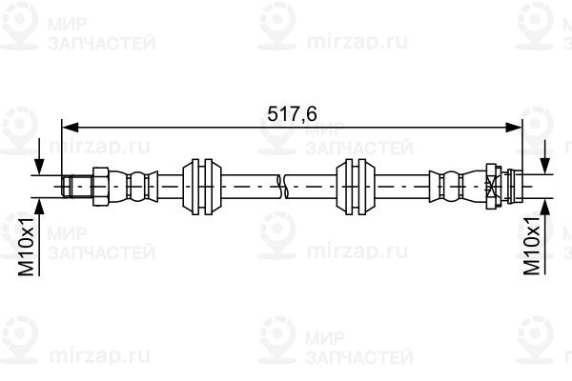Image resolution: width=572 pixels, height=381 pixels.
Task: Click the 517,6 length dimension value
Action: click(292, 114)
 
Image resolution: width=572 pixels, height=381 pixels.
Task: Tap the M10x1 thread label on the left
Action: click(27, 245)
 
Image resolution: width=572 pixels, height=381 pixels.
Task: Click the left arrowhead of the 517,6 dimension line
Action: click(70, 128)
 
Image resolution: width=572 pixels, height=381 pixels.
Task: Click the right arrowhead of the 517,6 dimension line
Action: click(514, 128)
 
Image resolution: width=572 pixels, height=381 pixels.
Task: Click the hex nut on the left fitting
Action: click(101, 187)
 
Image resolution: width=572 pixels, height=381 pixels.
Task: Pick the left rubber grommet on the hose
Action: click(202, 187)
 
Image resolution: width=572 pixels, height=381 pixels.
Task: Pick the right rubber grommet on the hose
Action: click(356, 187)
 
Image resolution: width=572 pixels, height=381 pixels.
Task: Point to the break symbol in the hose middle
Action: click(282, 187)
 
